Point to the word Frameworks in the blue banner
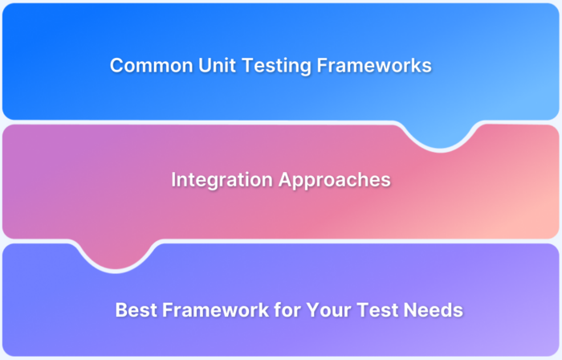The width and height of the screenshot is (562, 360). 373,66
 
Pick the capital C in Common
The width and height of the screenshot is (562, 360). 116,66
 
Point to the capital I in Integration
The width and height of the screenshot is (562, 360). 174,180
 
